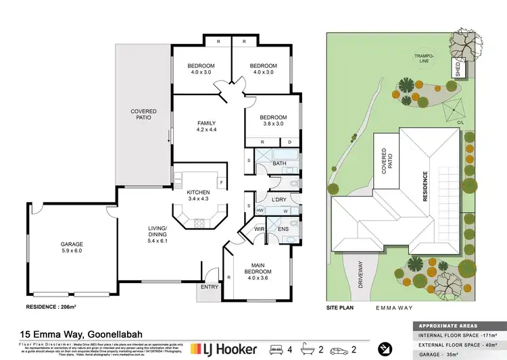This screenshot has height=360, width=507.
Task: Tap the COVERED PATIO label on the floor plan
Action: point(143,114)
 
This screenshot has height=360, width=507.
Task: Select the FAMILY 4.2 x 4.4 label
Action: point(206,126)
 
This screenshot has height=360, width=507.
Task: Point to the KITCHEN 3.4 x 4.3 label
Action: point(199,196)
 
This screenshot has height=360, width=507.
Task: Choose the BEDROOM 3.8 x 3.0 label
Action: point(274,120)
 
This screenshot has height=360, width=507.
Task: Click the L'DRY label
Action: point(279,200)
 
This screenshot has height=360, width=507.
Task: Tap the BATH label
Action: point(280,163)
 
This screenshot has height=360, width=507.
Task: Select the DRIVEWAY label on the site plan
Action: point(360,275)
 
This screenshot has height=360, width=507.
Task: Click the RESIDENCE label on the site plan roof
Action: point(426,186)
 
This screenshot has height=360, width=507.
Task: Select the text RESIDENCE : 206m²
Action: point(50,307)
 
